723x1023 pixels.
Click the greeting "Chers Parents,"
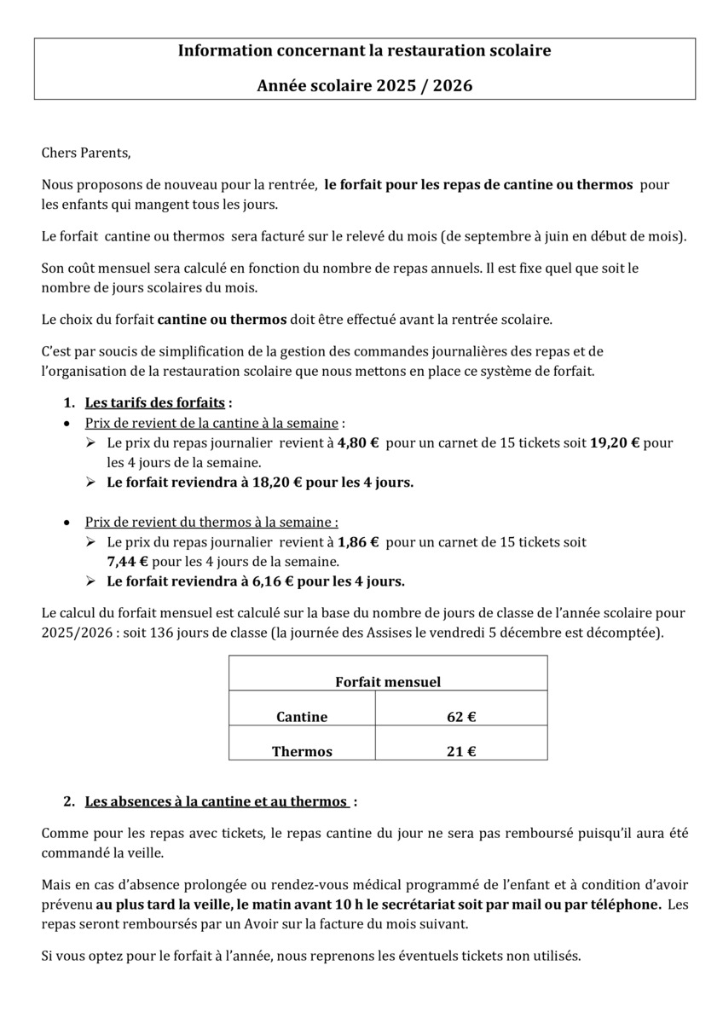point(86,153)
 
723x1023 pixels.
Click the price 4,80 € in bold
point(358,443)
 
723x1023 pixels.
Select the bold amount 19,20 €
point(615,443)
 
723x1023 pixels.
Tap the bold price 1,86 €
point(358,542)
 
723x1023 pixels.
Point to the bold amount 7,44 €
point(127,562)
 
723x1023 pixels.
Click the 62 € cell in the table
point(461,717)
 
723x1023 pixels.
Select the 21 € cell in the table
point(461,752)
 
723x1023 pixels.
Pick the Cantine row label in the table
point(302,717)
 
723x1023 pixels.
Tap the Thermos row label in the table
point(302,752)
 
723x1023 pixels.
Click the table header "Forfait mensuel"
point(388,682)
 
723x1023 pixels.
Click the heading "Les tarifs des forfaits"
point(154,402)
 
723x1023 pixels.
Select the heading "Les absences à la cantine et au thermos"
point(217,801)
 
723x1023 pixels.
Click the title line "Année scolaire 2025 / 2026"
point(364,86)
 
